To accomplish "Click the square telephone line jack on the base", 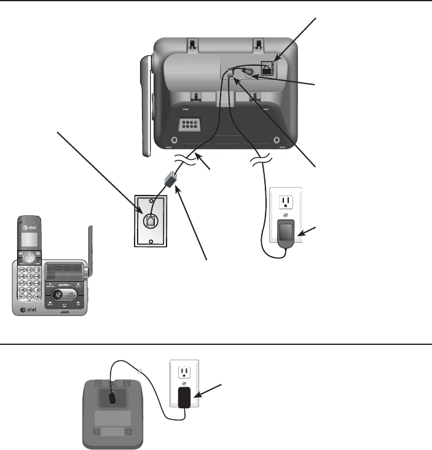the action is click(268, 68).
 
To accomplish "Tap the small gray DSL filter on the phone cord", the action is click(170, 180).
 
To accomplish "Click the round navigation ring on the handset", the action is click(29, 258).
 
